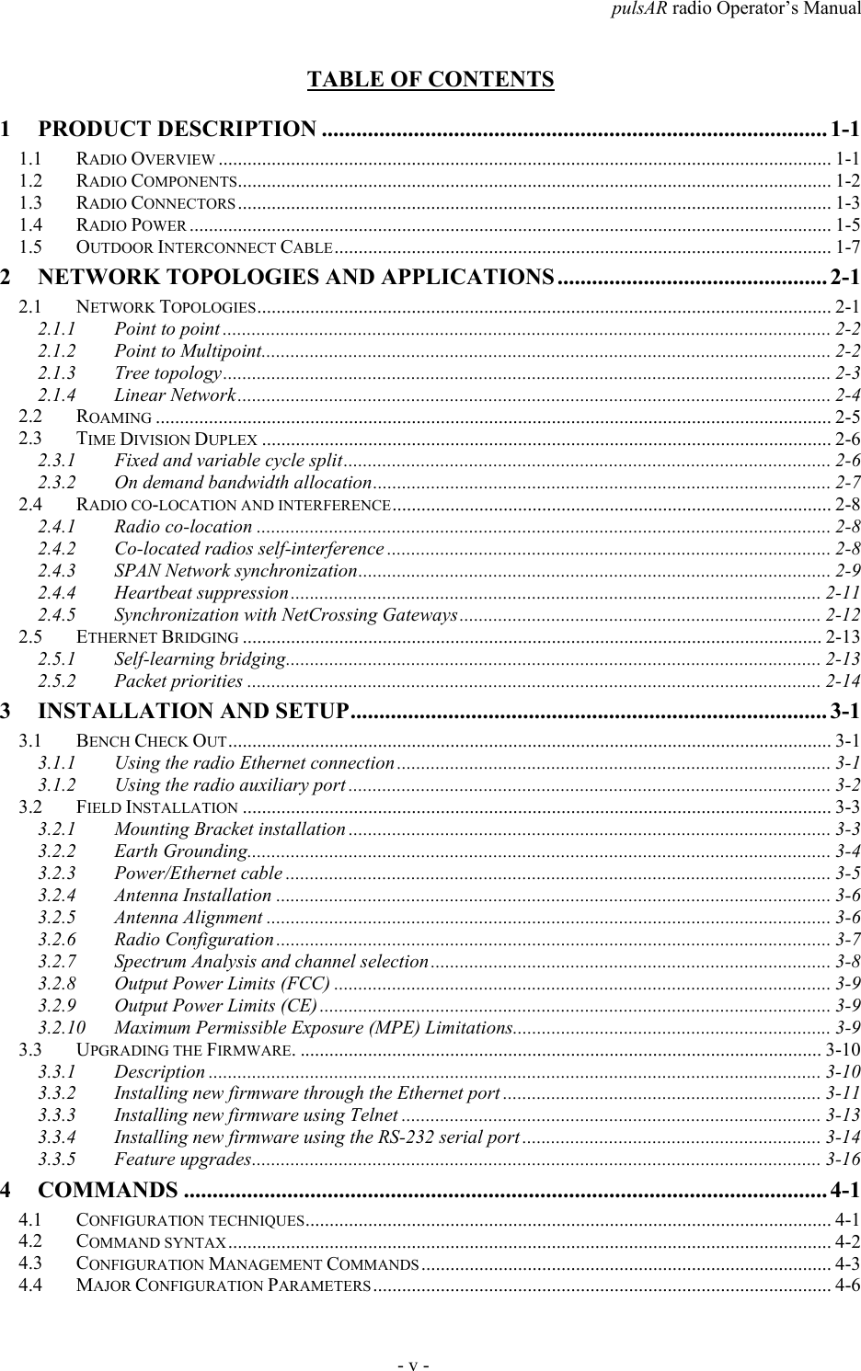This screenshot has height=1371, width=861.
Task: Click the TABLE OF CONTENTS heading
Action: [430, 79]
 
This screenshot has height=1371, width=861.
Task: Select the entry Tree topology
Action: [167, 372]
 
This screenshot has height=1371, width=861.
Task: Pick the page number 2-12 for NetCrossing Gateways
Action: [842, 613]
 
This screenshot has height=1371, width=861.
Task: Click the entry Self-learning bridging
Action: [199, 658]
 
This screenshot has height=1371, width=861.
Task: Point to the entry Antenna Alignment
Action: [189, 917]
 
